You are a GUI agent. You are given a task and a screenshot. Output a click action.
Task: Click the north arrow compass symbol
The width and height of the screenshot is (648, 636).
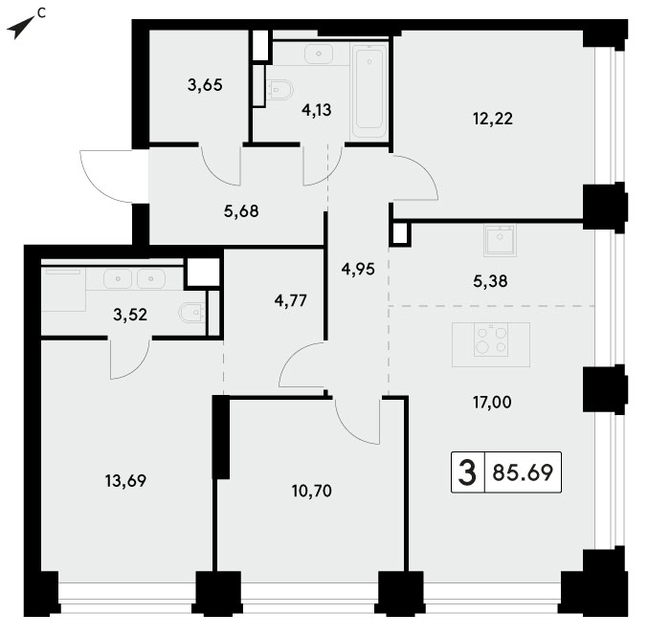pyautogui.click(x=21, y=28)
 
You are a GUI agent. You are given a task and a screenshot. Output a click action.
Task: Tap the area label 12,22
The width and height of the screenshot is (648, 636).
pyautogui.click(x=493, y=119)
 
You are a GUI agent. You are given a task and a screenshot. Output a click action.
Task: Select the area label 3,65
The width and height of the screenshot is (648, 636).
pyautogui.click(x=205, y=85)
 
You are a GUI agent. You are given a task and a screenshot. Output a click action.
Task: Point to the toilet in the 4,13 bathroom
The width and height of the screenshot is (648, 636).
pyautogui.click(x=280, y=90)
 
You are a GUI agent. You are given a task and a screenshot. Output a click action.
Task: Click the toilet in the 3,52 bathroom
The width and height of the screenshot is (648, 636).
pyautogui.click(x=192, y=312)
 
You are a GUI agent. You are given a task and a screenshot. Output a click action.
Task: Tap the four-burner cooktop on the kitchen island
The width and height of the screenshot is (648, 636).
pyautogui.click(x=490, y=340)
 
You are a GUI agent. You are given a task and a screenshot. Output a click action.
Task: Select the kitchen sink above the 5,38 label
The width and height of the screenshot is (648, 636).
pyautogui.click(x=500, y=240)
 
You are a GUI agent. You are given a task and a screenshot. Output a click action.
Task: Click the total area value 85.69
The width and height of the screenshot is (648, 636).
pyautogui.click(x=523, y=472)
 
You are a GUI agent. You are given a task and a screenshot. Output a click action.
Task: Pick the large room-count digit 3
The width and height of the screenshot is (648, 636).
pyautogui.click(x=467, y=472)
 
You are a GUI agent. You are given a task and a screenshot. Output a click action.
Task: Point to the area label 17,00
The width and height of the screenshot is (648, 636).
pyautogui.click(x=492, y=402)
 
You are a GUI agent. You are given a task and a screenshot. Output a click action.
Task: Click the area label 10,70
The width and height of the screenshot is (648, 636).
pyautogui.click(x=312, y=491)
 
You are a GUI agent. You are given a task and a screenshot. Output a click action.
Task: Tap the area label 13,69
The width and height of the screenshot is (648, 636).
pyautogui.click(x=125, y=481)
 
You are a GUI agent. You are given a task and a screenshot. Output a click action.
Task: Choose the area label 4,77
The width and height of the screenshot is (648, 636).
pyautogui.click(x=291, y=300)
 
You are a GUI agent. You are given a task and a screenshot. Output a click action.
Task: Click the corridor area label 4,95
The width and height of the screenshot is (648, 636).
pyautogui.click(x=358, y=270)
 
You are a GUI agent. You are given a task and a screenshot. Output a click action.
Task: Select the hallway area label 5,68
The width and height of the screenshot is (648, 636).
pyautogui.click(x=241, y=211)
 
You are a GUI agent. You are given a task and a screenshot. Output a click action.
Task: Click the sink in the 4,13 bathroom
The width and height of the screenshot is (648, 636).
pyautogui.click(x=319, y=55)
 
